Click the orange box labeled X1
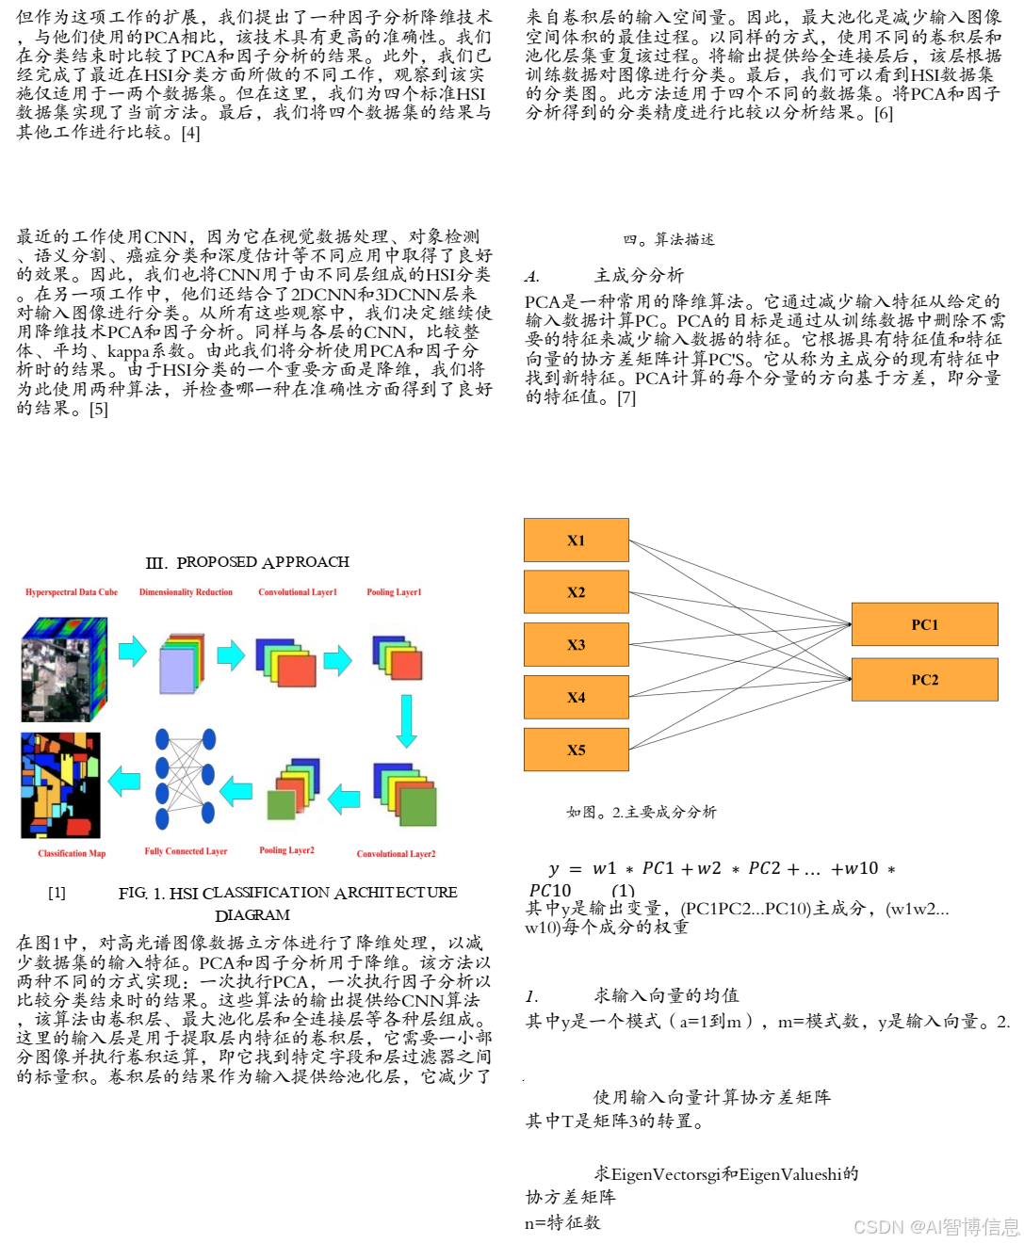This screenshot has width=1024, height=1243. tap(576, 541)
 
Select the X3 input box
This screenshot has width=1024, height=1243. tap(576, 645)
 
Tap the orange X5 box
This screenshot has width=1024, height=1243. tap(576, 750)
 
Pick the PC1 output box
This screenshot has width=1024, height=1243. tap(924, 624)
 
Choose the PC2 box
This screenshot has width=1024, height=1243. tap(924, 680)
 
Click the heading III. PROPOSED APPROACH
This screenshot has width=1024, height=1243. tap(248, 562)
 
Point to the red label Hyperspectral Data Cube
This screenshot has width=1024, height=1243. tap(72, 592)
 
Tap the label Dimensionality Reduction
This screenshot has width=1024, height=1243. tap(186, 592)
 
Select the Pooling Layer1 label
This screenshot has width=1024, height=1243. tap(394, 592)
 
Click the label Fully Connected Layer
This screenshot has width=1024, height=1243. tap(186, 851)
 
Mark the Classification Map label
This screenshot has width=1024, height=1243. tap(72, 853)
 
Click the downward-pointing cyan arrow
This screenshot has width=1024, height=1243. tap(407, 720)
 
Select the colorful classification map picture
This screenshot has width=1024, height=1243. tap(60, 785)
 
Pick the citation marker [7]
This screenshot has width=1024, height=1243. tap(626, 397)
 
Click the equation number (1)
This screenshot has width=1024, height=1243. tap(623, 890)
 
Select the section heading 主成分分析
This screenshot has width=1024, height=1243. tap(638, 275)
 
